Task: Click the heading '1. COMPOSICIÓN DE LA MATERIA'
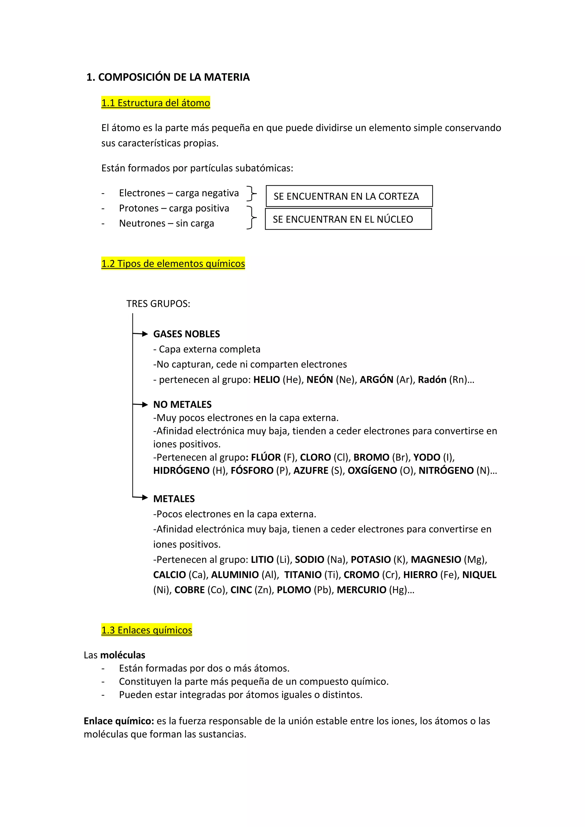tap(168, 77)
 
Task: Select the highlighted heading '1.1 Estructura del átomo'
tap(156, 103)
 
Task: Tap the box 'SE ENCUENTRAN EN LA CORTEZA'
tap(349, 196)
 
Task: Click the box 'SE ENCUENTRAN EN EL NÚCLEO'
tap(348, 219)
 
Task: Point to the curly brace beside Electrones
tap(251, 193)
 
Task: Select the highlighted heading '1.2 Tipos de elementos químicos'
tap(173, 264)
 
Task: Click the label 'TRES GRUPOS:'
tap(158, 304)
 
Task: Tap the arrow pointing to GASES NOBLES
tap(141, 334)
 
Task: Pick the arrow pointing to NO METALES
tap(141, 404)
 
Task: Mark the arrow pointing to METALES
tap(141, 498)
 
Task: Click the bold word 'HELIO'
tap(267, 380)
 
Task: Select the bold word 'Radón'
tap(432, 380)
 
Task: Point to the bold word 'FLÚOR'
tap(266, 457)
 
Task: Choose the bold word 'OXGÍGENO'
tap(372, 471)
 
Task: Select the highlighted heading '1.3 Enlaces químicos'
tap(147, 630)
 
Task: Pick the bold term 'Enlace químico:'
tap(119, 721)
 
